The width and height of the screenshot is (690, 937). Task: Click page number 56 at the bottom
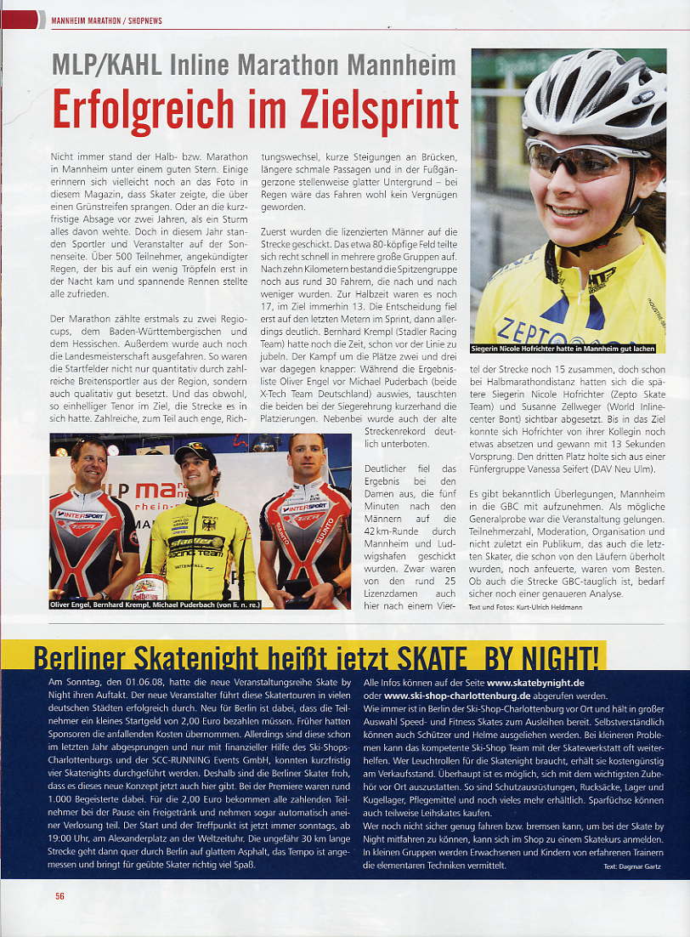[59, 895]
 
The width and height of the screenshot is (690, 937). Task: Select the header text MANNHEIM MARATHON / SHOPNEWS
[106, 20]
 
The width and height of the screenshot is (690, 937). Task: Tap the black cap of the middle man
[195, 453]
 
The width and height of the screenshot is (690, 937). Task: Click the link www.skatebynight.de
[535, 682]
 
